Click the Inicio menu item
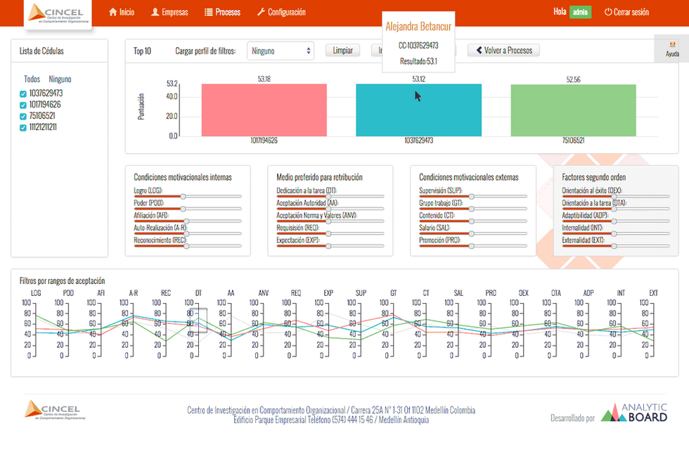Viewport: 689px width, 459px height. tap(122, 13)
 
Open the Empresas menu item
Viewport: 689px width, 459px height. tap(169, 13)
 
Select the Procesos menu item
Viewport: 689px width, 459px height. tap(223, 13)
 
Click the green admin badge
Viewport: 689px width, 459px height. tap(580, 13)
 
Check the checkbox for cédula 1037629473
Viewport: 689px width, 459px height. tap(23, 93)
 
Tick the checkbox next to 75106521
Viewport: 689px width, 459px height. tap(23, 116)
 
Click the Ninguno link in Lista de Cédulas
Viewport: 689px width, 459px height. tap(60, 79)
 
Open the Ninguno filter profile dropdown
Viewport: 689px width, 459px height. tap(280, 51)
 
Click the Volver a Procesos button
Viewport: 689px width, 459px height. tap(503, 51)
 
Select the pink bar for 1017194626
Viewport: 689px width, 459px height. tap(264, 110)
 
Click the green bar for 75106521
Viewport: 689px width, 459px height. tap(573, 110)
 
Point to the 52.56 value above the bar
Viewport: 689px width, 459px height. tap(573, 79)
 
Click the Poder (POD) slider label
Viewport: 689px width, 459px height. tap(148, 202)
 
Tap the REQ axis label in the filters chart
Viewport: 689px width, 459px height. tap(296, 292)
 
